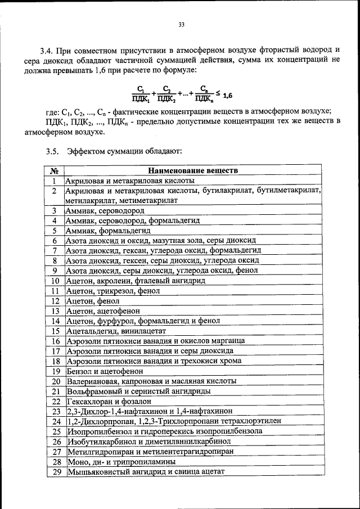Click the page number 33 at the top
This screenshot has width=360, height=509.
pyautogui.click(x=181, y=24)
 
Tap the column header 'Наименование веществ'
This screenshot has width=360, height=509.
pyautogui.click(x=193, y=170)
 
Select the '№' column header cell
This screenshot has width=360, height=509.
pyautogui.click(x=55, y=170)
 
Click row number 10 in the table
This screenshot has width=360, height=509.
pyautogui.click(x=55, y=281)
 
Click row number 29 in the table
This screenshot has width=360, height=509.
pyautogui.click(x=55, y=471)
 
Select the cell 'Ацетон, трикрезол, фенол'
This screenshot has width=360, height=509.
pyautogui.click(x=113, y=291)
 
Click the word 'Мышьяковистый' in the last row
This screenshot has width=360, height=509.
pyautogui.click(x=94, y=471)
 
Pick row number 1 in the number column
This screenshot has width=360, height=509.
pyautogui.click(x=55, y=181)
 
